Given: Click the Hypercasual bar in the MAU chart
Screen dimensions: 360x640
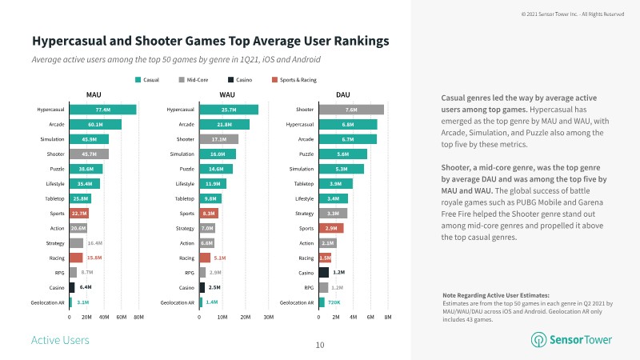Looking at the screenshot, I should point(102,110).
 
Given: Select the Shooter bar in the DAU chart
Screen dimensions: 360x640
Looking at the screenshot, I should point(350,110).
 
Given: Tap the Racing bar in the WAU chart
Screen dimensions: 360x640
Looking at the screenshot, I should point(205,258).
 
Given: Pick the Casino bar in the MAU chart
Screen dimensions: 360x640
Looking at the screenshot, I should point(72,287).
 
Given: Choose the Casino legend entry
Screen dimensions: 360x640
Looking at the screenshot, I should point(242,79).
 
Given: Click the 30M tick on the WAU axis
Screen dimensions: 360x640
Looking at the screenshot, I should point(268,318).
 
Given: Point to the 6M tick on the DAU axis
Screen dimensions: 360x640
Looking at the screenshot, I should point(370,318).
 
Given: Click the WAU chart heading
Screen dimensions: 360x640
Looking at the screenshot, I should point(227,94).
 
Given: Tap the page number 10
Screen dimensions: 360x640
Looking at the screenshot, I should point(319,346).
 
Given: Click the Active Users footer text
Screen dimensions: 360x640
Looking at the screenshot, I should point(59,340).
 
